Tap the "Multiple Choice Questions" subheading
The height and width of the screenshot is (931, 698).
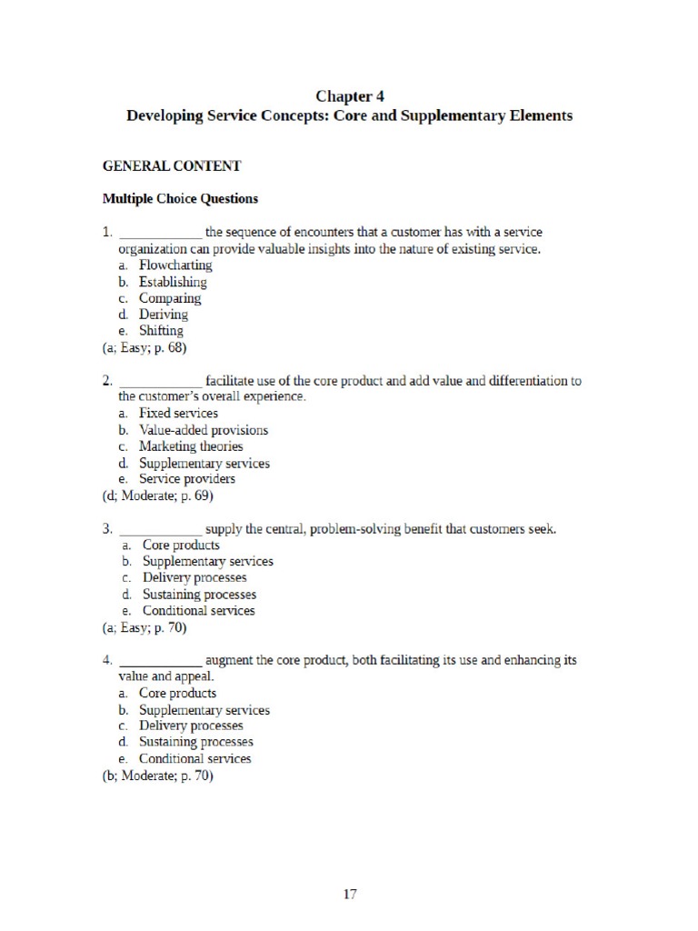click(180, 198)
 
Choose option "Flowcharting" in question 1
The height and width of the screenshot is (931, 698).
click(175, 265)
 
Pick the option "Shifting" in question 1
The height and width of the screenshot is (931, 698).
click(161, 330)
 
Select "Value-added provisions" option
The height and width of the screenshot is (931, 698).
click(204, 430)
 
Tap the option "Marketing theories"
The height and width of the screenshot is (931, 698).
click(191, 446)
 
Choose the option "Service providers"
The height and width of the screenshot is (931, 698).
click(187, 479)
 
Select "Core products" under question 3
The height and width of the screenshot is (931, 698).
click(181, 545)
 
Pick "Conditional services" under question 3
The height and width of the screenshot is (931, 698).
click(198, 610)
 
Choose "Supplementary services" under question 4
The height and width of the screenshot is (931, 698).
click(204, 710)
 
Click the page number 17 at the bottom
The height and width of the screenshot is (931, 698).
click(350, 894)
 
